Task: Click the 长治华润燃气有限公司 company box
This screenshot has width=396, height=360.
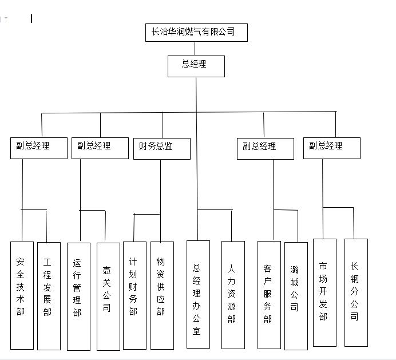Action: pyautogui.click(x=196, y=33)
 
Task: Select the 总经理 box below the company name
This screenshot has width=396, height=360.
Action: pyautogui.click(x=196, y=66)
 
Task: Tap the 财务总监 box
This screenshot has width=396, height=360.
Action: pyautogui.click(x=161, y=148)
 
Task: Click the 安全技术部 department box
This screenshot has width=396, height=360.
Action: pyautogui.click(x=22, y=295)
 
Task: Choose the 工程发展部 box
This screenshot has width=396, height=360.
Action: pyautogui.click(x=49, y=295)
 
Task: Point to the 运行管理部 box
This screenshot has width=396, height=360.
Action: pyautogui.click(x=78, y=296)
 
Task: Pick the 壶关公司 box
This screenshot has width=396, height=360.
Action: pyautogui.click(x=108, y=296)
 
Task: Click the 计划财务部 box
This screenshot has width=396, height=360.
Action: pyautogui.click(x=134, y=295)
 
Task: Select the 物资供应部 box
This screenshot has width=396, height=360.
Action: pyautogui.click(x=162, y=295)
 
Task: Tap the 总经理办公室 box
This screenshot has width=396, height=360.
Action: pyautogui.click(x=198, y=294)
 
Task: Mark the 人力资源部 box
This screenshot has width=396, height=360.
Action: pyautogui.click(x=233, y=294)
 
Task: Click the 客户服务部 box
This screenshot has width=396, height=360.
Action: pyautogui.click(x=269, y=294)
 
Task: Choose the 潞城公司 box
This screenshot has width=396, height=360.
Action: pyautogui.click(x=296, y=295)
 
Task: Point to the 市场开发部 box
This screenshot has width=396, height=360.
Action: pyautogui.click(x=324, y=292)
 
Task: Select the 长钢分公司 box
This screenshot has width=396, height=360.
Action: pyautogui.click(x=356, y=292)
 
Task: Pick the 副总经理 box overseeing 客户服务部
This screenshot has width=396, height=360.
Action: pyautogui.click(x=265, y=148)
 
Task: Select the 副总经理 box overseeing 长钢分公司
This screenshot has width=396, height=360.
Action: pyautogui.click(x=331, y=148)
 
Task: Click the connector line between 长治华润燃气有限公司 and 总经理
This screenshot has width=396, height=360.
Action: pyautogui.click(x=196, y=48)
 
